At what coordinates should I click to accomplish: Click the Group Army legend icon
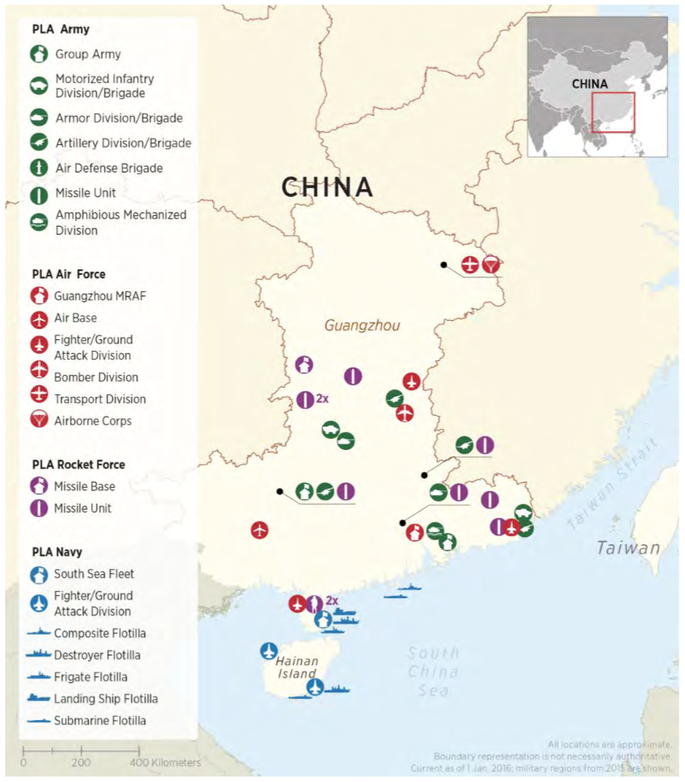click(x=39, y=55)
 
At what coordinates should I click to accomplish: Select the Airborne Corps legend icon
click(x=39, y=420)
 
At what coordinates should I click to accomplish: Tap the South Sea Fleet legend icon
click(x=38, y=575)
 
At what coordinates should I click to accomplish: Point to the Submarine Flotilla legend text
click(x=100, y=721)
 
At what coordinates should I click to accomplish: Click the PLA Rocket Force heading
click(x=78, y=464)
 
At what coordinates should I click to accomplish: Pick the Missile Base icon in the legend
click(x=39, y=486)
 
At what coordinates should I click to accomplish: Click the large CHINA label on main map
click(x=327, y=188)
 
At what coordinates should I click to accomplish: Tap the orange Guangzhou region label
click(x=362, y=326)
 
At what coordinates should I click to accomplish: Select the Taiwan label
click(x=628, y=548)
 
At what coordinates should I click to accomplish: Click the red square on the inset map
click(x=613, y=112)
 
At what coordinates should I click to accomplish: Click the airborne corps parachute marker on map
click(x=491, y=264)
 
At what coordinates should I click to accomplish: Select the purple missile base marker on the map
click(x=304, y=365)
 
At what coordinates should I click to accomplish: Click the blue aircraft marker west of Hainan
click(x=269, y=651)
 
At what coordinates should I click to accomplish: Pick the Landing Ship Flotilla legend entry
click(x=106, y=699)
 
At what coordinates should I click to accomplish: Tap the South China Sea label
click(x=434, y=672)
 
